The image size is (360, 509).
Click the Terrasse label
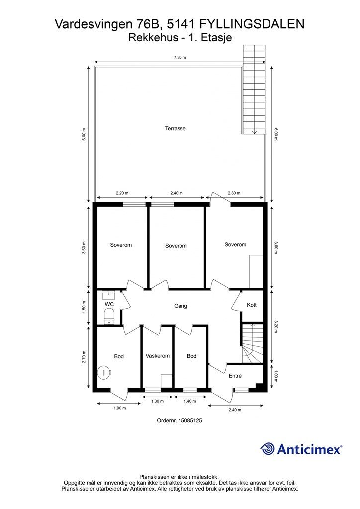[176, 129]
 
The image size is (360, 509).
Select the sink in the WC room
[108, 295]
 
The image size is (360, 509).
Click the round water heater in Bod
[104, 372]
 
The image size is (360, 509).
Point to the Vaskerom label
[158, 356]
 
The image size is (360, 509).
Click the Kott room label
[252, 305]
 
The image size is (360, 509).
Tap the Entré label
[235, 376]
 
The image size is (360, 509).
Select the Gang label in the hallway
[180, 306]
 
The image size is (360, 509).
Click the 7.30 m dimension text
[180, 58]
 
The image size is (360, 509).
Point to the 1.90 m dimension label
[119, 408]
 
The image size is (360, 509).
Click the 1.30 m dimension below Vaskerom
[158, 401]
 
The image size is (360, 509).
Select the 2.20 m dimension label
[122, 193]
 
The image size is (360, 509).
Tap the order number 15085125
[180, 420]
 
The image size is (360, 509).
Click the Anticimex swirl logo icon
[268, 449]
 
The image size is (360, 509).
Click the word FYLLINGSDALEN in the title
[252, 24]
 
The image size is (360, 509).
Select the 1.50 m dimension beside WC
[84, 307]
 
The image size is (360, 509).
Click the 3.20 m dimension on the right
[276, 327]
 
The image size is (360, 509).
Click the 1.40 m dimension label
[190, 401]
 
